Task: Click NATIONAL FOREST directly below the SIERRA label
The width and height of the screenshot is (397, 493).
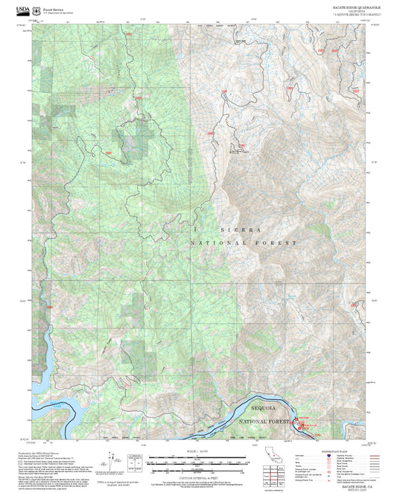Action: tap(244, 244)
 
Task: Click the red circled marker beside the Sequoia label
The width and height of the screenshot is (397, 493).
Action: tap(296, 424)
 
